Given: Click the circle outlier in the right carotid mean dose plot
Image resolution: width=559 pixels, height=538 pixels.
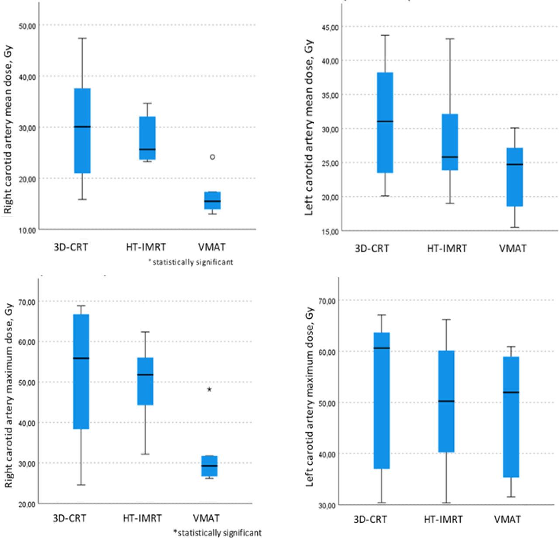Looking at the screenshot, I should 213,157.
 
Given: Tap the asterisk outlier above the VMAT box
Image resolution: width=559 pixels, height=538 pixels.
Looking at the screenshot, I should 209,389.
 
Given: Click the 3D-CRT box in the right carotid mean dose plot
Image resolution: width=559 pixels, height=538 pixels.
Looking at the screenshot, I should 83,131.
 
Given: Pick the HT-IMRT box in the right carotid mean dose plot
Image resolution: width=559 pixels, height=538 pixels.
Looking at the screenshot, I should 147,138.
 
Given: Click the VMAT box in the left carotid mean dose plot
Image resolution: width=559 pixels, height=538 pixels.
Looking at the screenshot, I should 515,177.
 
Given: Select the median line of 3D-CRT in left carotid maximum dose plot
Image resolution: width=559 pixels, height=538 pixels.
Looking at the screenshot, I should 382,348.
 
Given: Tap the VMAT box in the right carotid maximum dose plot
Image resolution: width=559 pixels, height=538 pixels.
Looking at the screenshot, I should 209,466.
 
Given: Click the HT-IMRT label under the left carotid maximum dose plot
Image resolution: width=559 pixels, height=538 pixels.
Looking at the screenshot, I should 443,520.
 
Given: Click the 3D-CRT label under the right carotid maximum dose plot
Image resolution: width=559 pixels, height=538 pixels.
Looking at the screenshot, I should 69,518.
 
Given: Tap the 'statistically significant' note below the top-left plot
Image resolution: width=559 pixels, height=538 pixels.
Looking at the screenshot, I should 191,262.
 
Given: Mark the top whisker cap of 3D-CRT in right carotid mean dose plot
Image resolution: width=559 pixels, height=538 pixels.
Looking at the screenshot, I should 83,38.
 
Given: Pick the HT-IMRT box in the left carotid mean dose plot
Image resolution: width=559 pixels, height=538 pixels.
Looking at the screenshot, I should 450,142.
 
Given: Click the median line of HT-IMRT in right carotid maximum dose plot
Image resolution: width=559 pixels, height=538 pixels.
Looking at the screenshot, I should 145,375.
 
